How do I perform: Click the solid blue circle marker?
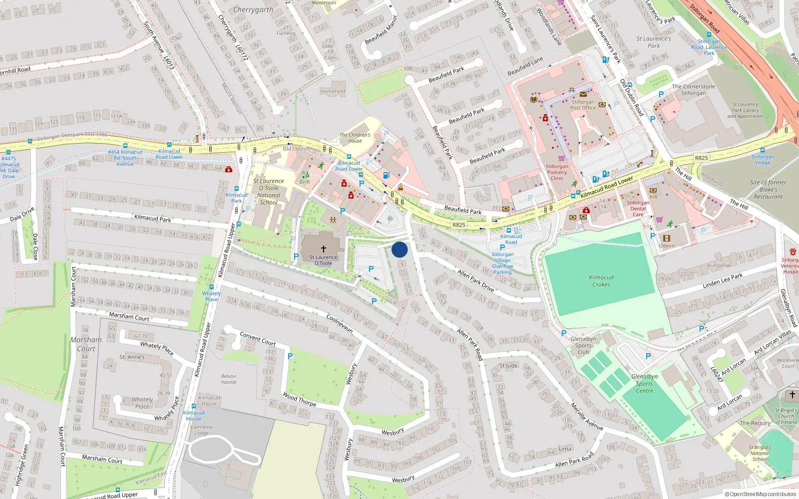click(399, 249)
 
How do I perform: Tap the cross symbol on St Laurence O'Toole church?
click(324, 249)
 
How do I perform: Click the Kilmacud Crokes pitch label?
click(601, 281)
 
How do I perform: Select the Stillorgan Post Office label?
click(583, 105)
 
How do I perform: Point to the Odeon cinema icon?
click(667, 239)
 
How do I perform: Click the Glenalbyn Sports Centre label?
click(644, 384)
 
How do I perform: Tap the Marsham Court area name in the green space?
click(86, 344)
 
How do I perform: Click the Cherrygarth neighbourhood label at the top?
click(253, 9)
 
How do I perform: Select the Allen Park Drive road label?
click(476, 281)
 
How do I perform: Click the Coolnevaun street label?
click(340, 323)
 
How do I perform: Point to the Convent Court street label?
click(258, 338)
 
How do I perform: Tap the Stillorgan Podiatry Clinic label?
click(557, 172)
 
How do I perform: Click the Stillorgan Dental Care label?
click(638, 209)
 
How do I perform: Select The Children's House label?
click(355, 138)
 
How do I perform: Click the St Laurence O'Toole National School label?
click(269, 192)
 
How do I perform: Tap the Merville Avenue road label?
click(587, 416)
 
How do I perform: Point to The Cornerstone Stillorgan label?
click(693, 90)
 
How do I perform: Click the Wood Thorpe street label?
click(299, 399)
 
